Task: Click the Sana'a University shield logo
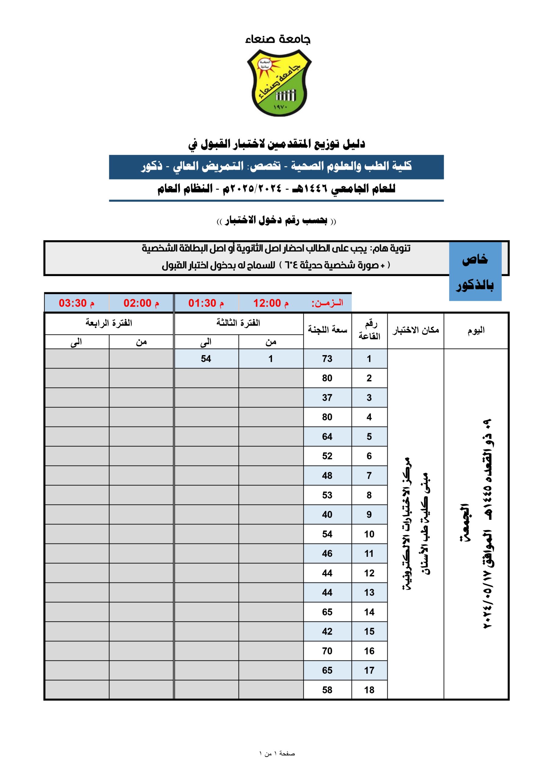[278, 83]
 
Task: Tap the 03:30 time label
[76, 303]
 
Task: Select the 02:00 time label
[141, 303]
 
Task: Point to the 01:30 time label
[206, 303]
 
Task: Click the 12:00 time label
[271, 303]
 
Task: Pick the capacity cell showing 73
[327, 359]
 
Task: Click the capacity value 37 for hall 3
[327, 398]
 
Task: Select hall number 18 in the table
[369, 690]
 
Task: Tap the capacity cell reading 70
[327, 651]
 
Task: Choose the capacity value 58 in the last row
[327, 690]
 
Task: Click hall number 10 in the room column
[369, 534]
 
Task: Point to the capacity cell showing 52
[327, 456]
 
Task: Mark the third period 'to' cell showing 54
[206, 359]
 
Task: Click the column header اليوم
[476, 330]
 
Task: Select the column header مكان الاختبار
[415, 330]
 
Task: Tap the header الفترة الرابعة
[109, 323]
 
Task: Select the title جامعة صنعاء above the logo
[278, 40]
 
